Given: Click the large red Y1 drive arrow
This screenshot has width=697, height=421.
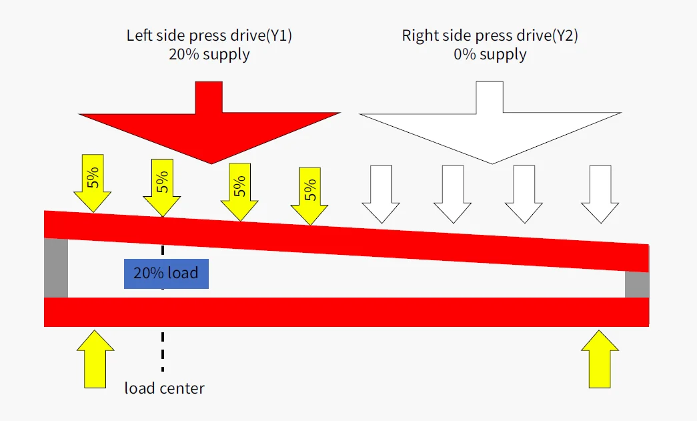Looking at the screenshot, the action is coord(209,123).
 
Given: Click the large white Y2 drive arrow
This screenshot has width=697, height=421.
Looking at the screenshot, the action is coord(490,123).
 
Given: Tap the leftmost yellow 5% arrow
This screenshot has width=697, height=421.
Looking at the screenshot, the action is coord(93,183).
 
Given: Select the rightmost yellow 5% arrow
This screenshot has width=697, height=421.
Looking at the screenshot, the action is coord(309,196).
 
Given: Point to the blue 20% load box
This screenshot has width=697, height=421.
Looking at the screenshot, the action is coord(166,274).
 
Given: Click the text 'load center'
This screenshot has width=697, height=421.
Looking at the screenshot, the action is coord(165,388).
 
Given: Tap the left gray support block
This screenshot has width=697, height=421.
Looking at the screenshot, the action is coord(56,268).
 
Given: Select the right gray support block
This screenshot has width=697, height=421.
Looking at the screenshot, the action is coord(637,284).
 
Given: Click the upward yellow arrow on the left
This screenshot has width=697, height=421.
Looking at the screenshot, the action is coord(95,359).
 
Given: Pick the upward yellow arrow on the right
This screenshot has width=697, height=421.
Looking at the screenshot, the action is coord(600,359).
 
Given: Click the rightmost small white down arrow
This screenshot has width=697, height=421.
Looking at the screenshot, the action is coord(600,194).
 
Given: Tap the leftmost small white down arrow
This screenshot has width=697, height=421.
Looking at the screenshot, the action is coord(381,194).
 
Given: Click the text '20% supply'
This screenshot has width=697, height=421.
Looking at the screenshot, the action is coord(209,54).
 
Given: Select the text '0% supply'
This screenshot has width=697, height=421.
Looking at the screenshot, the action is coord(490,54).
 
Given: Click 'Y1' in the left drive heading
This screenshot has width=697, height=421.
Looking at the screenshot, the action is coord(279,35).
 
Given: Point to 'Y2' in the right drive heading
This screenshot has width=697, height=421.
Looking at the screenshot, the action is coord(565,35).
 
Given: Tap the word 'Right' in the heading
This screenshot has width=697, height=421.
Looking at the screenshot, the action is coord(418,35).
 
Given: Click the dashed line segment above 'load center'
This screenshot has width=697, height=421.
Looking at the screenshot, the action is coord(163,351).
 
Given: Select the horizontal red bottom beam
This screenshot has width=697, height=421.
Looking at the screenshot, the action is coord(346,312).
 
